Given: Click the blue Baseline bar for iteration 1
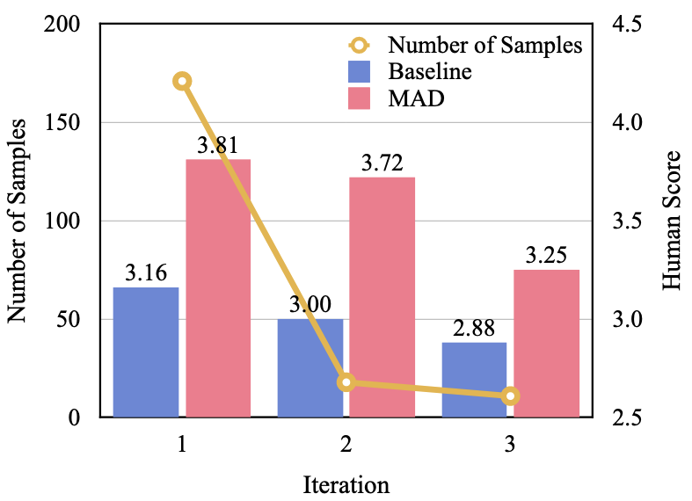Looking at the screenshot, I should (x=146, y=352).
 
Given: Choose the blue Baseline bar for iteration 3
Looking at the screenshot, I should (x=475, y=380).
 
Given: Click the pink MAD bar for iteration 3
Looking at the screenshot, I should (x=546, y=343).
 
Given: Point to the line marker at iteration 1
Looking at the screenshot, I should (x=182, y=82).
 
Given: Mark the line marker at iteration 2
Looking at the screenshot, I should (x=346, y=382).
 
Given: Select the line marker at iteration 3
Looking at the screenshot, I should (x=511, y=396).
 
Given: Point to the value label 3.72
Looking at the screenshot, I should (x=382, y=163).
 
